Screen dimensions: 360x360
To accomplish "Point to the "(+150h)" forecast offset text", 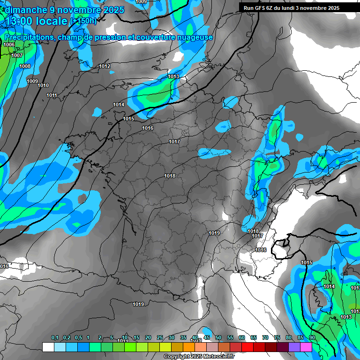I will tap(83, 21).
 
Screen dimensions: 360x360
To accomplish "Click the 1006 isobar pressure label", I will tap(9, 45).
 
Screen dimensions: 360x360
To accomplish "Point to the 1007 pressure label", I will tap(17, 55).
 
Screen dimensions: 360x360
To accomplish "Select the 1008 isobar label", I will tap(25, 66).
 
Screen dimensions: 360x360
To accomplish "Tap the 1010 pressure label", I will tap(43, 85).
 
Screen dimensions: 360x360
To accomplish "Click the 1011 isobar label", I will tap(52, 95).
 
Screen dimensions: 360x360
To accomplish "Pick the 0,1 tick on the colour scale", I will tap(54, 338).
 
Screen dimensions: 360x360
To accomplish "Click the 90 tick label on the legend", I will tap(312, 338).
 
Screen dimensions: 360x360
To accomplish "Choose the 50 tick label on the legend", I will tap(218, 338).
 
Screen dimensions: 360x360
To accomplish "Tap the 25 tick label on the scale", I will tap(160, 338).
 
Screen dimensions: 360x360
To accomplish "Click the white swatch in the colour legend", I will tap(48, 347).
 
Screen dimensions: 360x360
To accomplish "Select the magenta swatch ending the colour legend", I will tap(306, 347).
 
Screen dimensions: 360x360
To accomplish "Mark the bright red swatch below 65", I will tap(247, 347).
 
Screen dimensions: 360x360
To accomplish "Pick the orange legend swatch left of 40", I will tap(189, 347).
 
